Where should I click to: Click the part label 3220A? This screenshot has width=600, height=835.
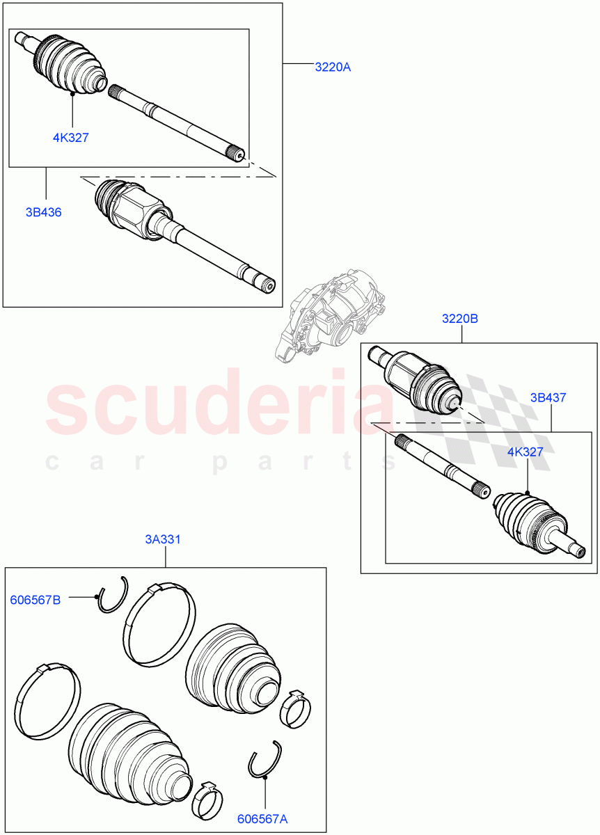coord(333,67)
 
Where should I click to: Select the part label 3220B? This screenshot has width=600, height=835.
coord(460,319)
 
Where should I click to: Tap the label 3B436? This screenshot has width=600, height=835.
coord(44,212)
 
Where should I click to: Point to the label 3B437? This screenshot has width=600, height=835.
coord(548,398)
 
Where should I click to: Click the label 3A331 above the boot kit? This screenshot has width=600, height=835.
coord(163,539)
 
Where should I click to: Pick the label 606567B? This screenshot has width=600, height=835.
coord(35,600)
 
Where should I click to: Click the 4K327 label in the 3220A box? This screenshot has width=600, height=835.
coord(70,137)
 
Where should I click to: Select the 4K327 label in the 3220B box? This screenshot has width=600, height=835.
coord(525,452)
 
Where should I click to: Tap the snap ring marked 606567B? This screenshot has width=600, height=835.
coord(112,596)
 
